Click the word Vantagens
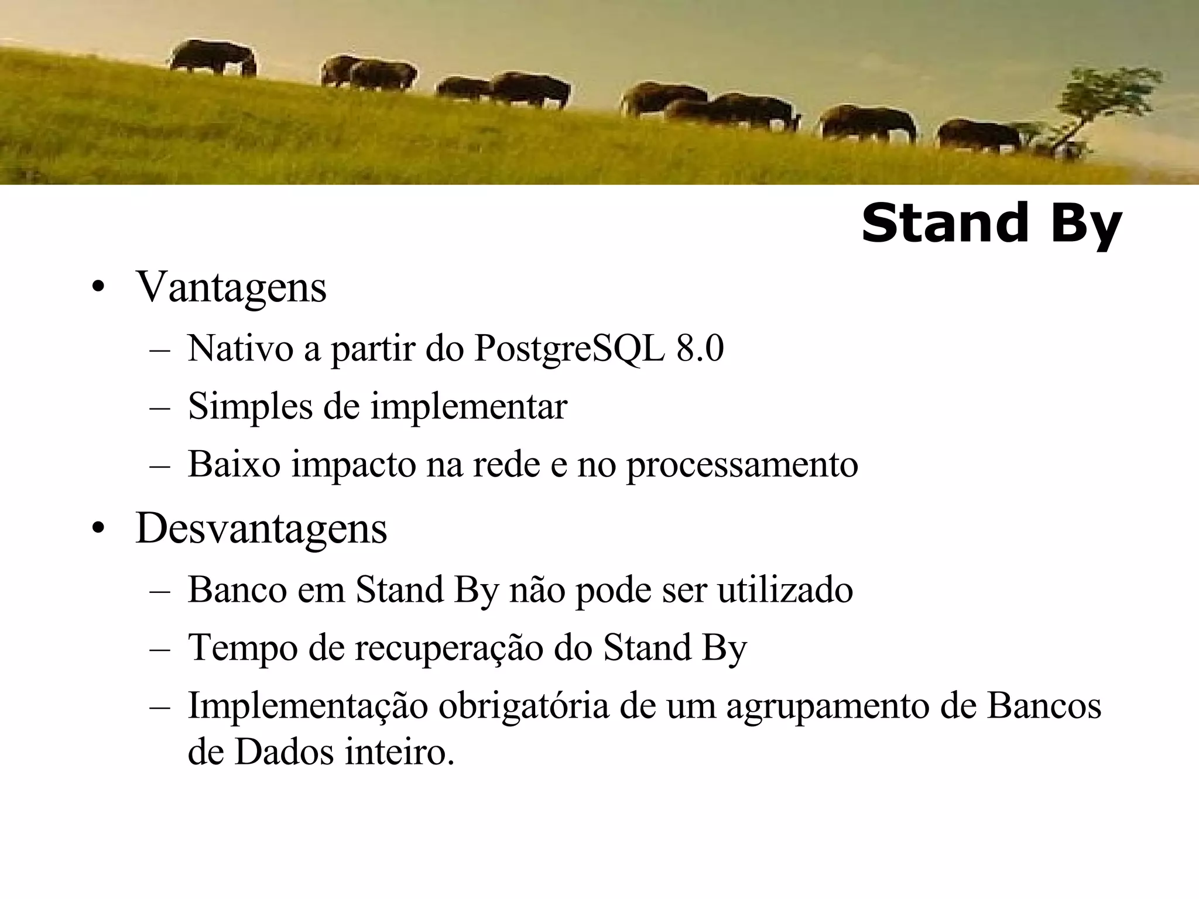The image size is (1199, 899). pyautogui.click(x=231, y=287)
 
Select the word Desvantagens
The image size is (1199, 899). pyautogui.click(x=261, y=528)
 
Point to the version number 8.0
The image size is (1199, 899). pyautogui.click(x=700, y=349)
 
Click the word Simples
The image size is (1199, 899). pyautogui.click(x=250, y=406)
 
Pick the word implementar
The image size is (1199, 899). pyautogui.click(x=468, y=406)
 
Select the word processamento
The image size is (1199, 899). pyautogui.click(x=742, y=464)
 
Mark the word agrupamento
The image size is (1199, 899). pyautogui.click(x=828, y=706)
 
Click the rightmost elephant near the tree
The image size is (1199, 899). pyautogui.click(x=979, y=136)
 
